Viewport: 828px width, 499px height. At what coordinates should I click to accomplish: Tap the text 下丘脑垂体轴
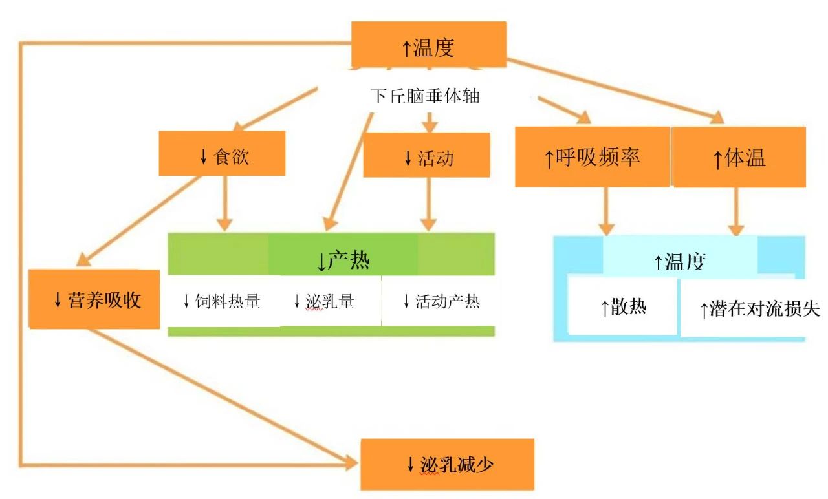pos(425,96)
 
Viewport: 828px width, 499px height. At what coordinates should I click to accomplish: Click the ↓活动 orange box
pos(426,156)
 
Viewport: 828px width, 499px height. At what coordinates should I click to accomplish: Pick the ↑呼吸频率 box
pos(592,157)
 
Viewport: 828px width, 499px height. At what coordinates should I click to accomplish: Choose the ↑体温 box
pos(739,158)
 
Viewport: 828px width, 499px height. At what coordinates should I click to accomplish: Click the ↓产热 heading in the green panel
pos(343,260)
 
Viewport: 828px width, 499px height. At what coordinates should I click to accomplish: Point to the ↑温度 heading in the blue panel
pos(679,261)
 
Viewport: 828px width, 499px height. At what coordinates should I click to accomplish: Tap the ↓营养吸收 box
pos(94,299)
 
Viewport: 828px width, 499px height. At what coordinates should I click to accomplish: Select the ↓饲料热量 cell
pos(222,301)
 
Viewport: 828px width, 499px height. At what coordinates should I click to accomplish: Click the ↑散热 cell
pos(623,308)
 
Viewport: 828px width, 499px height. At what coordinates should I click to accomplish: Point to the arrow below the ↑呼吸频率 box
pos(606,211)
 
